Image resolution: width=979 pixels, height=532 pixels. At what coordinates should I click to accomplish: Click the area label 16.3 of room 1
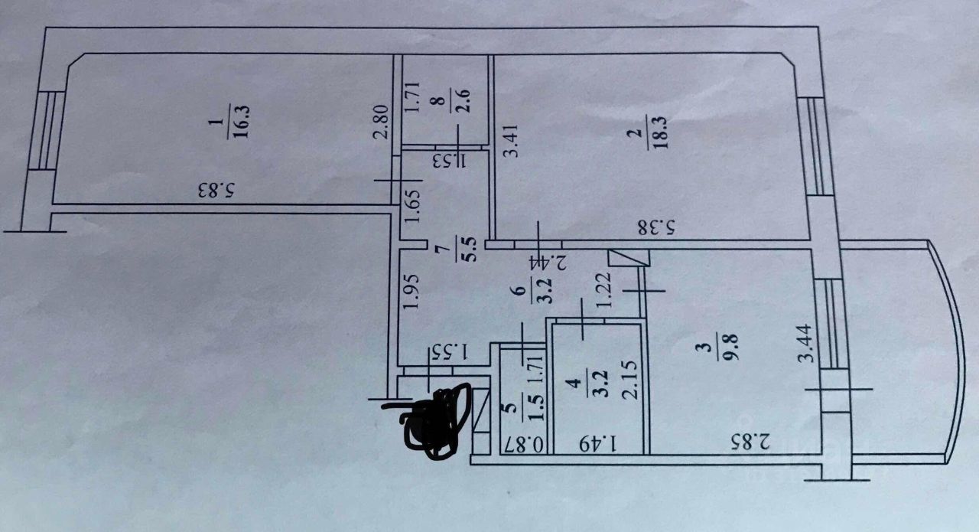click(x=241, y=122)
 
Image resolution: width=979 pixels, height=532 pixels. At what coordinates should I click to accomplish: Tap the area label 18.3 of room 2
click(x=658, y=132)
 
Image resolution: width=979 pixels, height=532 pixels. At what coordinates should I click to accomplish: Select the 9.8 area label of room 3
click(x=730, y=347)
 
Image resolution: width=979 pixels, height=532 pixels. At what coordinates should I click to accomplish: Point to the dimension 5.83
click(x=218, y=191)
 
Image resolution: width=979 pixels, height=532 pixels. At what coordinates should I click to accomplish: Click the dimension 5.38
click(x=656, y=228)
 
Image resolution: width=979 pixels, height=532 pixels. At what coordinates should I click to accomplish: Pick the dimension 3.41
click(x=512, y=141)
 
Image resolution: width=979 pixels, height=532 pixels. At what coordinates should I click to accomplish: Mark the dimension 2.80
click(x=381, y=122)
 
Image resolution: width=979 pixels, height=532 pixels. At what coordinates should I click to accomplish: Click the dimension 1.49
click(x=598, y=444)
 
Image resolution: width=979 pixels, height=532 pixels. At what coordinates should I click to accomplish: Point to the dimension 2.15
click(x=629, y=380)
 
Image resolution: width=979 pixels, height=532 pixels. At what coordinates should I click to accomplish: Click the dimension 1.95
click(x=411, y=292)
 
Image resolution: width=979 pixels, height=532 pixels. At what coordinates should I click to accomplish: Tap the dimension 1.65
click(x=411, y=206)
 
